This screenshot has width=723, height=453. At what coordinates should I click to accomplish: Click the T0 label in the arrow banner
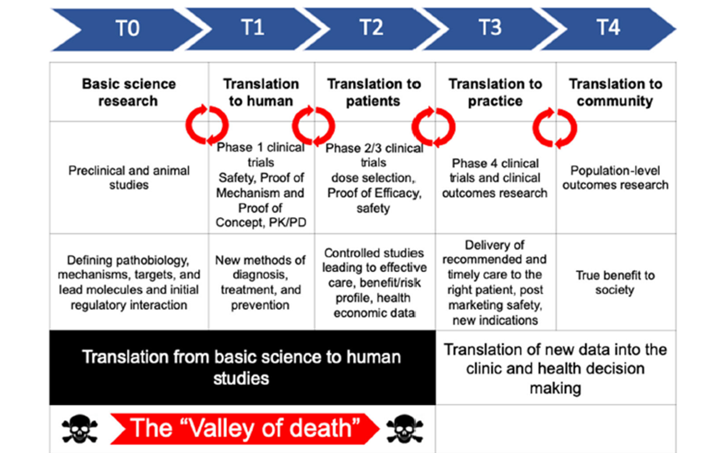(128, 28)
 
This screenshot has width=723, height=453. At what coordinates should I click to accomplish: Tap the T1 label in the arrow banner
(253, 27)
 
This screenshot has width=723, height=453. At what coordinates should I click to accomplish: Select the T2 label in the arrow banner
(371, 27)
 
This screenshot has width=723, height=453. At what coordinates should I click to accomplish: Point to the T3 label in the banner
(490, 27)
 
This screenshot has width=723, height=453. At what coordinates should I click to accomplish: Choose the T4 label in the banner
(609, 27)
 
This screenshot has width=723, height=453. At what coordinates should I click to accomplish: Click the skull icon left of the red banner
(80, 429)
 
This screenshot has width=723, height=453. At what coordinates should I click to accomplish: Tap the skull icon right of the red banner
(404, 429)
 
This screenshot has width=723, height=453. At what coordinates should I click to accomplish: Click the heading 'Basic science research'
(128, 92)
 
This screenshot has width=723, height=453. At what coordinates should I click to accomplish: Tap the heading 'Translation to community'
(615, 92)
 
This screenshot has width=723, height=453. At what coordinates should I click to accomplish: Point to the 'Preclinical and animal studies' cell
(129, 177)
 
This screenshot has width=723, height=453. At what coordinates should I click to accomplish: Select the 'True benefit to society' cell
(615, 282)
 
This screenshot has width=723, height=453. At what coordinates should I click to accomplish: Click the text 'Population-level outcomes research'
(615, 177)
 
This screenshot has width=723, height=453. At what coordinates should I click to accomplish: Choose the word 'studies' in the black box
(241, 379)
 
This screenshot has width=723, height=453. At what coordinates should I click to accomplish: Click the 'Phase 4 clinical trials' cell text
(494, 171)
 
